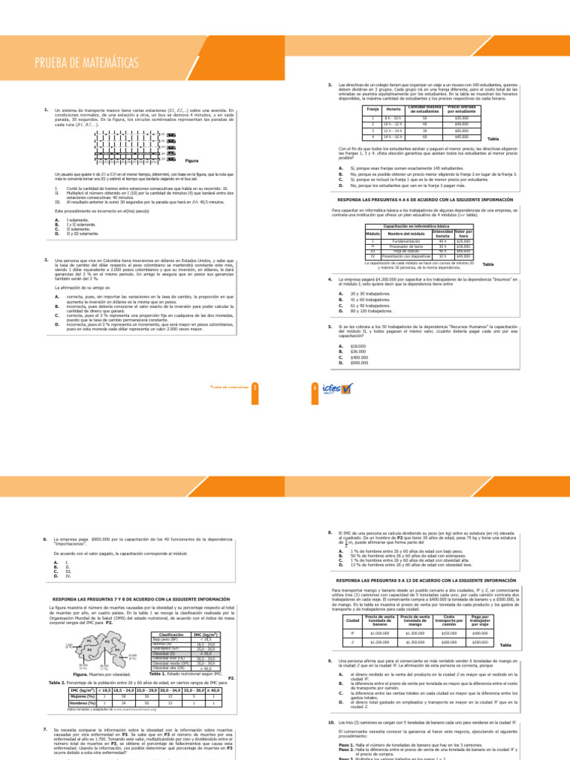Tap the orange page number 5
point(254,387)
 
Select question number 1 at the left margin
point(46,110)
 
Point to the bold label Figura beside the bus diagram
point(191,160)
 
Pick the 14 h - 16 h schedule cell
point(393,137)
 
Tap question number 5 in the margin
point(329,326)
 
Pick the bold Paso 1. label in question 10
point(346,747)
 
